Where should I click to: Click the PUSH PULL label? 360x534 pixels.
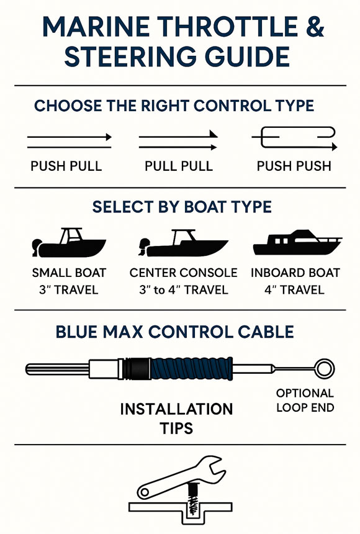click(x=66, y=166)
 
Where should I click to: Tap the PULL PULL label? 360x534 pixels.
click(x=179, y=166)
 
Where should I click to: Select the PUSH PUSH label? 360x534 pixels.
click(x=294, y=166)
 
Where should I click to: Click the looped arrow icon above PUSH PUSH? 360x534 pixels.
click(x=294, y=138)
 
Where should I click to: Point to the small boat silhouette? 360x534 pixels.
click(x=68, y=245)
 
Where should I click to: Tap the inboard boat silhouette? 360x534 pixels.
click(x=297, y=243)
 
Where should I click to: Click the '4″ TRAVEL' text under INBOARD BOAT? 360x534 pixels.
click(x=295, y=289)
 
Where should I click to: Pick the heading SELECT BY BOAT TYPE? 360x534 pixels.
click(x=182, y=207)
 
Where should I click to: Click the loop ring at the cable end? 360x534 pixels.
click(x=324, y=369)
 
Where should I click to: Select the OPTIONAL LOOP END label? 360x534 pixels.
click(x=305, y=400)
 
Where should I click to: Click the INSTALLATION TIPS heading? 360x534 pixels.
click(x=176, y=419)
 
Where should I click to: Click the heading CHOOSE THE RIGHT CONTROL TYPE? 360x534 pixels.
click(x=174, y=106)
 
